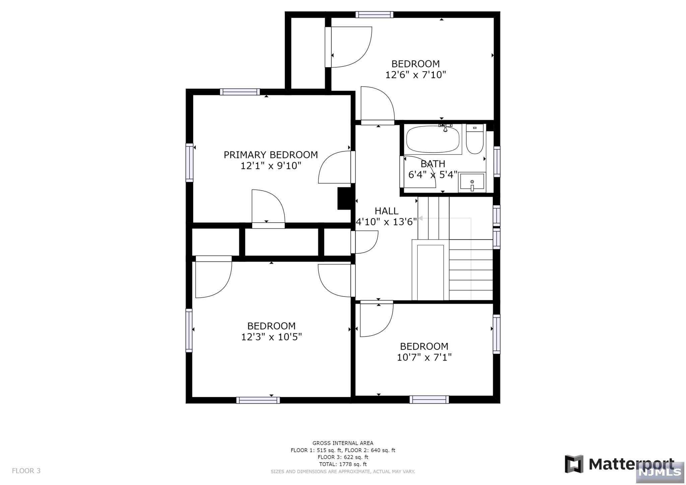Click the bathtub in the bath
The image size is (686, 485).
432,139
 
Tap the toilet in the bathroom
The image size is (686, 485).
475,139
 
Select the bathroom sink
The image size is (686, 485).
472,182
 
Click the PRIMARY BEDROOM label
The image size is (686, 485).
271,155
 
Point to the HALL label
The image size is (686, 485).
387,211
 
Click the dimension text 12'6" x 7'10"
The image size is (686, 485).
416,75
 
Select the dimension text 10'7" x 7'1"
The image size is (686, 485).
424,357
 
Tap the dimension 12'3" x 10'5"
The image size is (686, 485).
271,337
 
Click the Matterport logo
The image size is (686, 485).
619,464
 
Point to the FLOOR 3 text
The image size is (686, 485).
26,471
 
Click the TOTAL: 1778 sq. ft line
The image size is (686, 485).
343,464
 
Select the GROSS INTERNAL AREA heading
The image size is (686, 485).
343,443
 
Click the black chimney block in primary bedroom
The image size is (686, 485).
344,198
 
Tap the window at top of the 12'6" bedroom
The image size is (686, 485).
374,14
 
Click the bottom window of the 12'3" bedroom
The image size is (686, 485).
258,400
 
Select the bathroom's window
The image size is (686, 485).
497,161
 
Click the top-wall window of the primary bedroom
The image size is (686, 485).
240,92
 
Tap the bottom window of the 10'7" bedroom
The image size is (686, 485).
429,399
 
